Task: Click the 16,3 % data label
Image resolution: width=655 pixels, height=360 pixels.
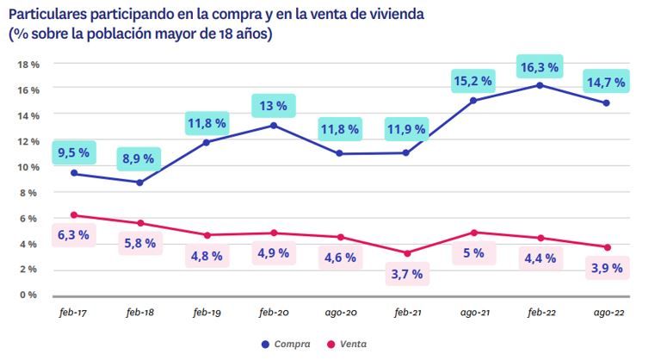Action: (538, 66)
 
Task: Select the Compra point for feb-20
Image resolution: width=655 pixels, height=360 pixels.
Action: (273, 126)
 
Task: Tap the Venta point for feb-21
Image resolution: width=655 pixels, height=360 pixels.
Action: (405, 253)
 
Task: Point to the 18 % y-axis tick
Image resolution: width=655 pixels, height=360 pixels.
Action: (29, 65)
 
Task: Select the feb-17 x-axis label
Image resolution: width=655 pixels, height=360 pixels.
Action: (73, 314)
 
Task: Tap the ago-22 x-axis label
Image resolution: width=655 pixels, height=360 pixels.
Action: (607, 314)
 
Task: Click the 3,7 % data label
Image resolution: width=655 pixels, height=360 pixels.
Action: (406, 274)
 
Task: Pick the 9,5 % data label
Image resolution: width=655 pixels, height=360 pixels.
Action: (73, 152)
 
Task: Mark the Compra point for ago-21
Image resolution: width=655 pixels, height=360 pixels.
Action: (473, 101)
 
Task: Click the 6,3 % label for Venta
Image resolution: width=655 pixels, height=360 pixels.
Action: (73, 234)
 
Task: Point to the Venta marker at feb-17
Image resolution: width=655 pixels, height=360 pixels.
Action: (74, 215)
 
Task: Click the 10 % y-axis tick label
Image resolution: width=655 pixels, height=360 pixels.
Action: (29, 167)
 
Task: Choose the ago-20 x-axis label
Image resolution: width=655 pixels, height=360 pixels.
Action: (340, 314)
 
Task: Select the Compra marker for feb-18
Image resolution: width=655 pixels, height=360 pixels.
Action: (140, 182)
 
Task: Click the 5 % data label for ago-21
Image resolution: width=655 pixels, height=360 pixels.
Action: (473, 254)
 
